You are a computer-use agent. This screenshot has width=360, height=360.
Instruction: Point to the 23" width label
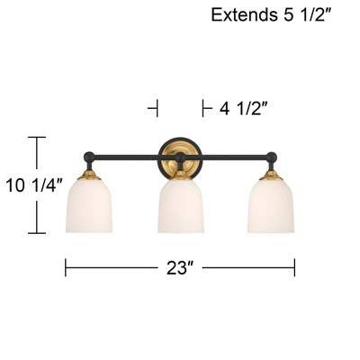pos(180,267)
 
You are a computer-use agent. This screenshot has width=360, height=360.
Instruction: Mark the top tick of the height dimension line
pos(36,137)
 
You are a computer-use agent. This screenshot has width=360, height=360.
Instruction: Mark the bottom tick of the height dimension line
pos(36,233)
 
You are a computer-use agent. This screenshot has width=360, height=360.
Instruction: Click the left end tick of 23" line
pos(66,267)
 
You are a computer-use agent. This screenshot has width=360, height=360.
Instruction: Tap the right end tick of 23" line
pos(295,267)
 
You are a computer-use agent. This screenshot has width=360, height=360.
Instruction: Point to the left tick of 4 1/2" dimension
pos(158,109)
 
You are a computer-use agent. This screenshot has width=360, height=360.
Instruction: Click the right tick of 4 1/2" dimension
pos(202,109)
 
